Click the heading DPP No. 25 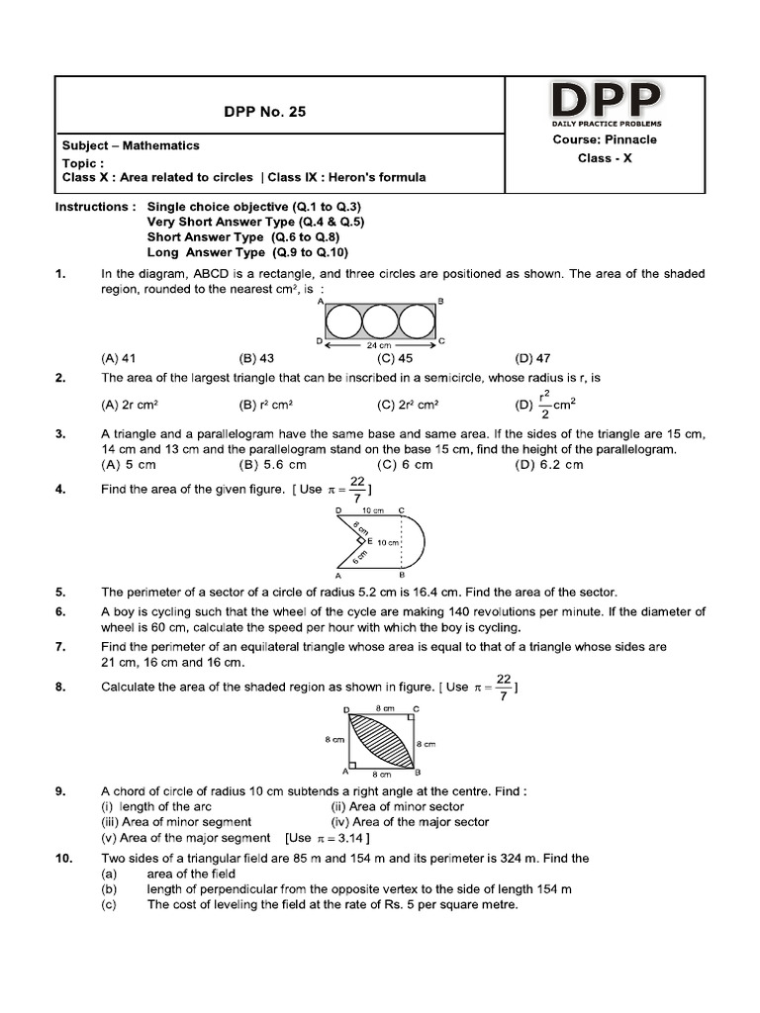266,112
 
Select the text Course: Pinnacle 605,139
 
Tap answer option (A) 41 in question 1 118,359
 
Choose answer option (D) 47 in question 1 532,359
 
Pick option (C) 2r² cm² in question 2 408,405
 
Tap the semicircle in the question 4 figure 417,542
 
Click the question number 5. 60,592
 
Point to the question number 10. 63,859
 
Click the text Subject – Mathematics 131,145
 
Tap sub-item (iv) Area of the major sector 410,821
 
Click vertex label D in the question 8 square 346,710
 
